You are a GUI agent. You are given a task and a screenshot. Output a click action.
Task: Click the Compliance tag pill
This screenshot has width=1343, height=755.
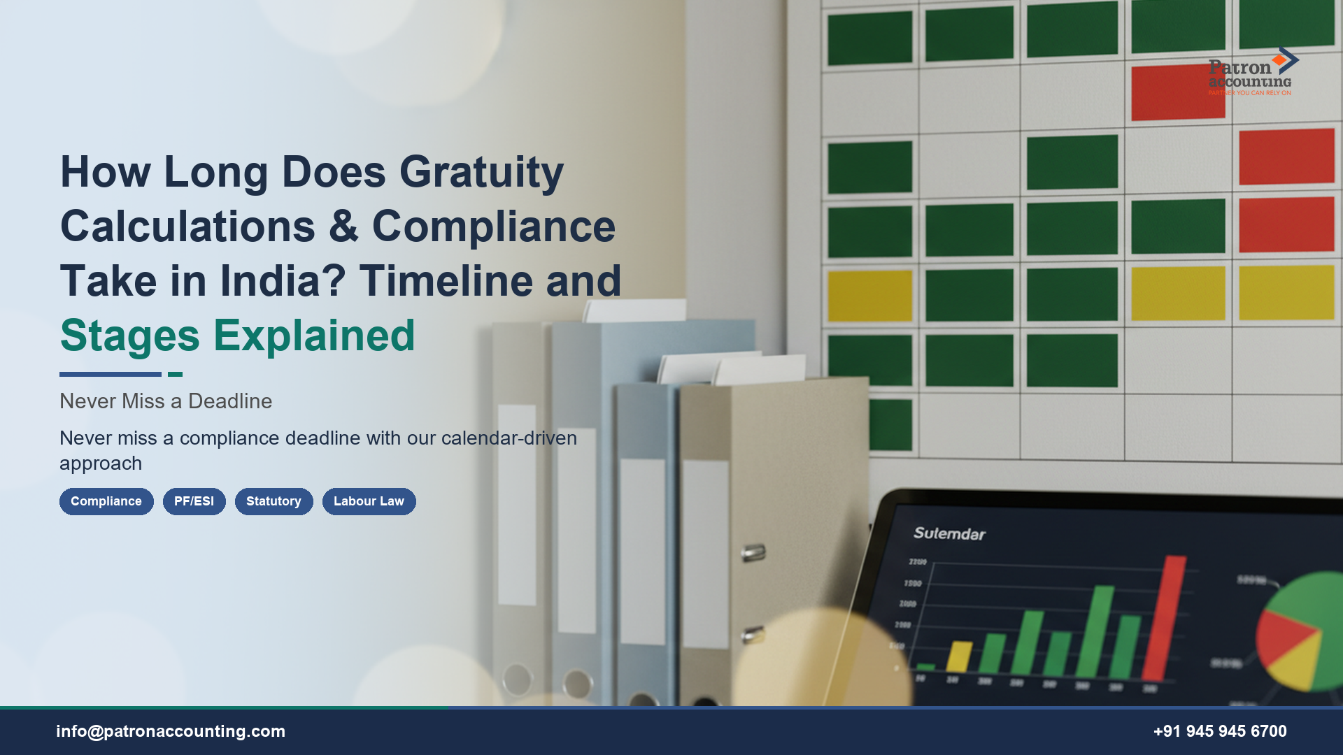tap(106, 501)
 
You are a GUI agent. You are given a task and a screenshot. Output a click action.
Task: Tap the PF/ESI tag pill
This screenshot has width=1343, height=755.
tap(194, 501)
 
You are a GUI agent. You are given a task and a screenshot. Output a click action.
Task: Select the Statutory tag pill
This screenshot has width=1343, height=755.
tap(273, 501)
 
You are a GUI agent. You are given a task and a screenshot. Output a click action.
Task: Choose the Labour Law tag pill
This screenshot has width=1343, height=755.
tap(369, 501)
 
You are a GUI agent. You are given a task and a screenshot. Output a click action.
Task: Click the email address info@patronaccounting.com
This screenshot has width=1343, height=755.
tap(171, 731)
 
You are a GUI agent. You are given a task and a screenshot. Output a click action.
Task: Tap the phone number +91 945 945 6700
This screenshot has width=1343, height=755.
tap(1220, 731)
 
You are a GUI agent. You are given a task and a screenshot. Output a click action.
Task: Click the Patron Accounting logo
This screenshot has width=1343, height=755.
tap(1252, 72)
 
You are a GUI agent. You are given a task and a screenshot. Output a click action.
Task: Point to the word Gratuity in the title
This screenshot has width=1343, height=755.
tap(481, 172)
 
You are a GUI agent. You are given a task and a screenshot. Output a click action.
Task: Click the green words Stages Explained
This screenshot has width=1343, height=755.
tap(237, 336)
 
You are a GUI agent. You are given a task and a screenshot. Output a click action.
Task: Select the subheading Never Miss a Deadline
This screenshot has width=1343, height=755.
tap(166, 401)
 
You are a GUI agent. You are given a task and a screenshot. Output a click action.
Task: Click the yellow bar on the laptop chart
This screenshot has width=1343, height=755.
tap(959, 657)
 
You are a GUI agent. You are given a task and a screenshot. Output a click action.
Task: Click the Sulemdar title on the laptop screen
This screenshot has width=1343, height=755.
tap(949, 533)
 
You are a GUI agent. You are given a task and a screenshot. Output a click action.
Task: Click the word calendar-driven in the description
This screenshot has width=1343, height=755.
tap(509, 438)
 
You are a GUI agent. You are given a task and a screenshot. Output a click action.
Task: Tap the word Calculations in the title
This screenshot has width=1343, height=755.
tap(187, 226)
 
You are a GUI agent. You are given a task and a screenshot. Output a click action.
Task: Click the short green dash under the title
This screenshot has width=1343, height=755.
tap(175, 375)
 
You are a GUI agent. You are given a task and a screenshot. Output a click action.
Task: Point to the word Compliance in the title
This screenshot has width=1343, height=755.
tap(493, 226)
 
